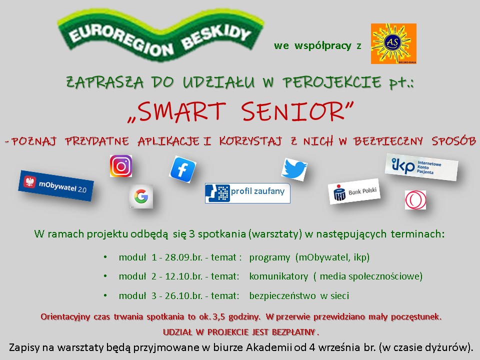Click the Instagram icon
pyautogui.click(x=121, y=166)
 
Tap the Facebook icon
pyautogui.click(x=182, y=169)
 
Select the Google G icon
pyautogui.click(x=141, y=196)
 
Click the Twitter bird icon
pyautogui.click(x=294, y=169)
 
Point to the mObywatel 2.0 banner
pyautogui.click(x=56, y=186)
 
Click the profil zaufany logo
pyautogui.click(x=247, y=193)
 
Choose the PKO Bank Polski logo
pyautogui.click(x=354, y=191)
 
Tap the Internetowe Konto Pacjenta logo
pyautogui.click(x=421, y=167)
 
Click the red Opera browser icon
pyautogui.click(x=415, y=200)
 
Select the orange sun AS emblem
pyautogui.click(x=393, y=43)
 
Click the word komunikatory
pyautogui.click(x=278, y=276)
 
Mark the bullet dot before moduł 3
pyautogui.click(x=105, y=295)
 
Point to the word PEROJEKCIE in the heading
pyautogui.click(x=332, y=82)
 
